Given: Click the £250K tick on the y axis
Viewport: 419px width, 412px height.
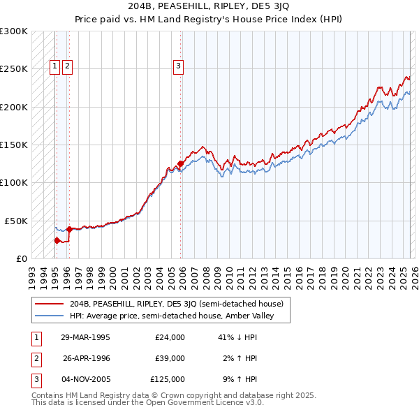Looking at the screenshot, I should click(14, 69).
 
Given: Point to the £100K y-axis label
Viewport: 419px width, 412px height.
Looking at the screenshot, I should click(14, 182).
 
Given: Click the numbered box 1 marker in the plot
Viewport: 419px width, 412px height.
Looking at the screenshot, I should click(55, 66).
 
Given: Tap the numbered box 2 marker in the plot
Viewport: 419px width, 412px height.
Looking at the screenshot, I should click(67, 66).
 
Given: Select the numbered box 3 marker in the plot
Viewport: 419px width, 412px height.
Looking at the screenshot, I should click(179, 66).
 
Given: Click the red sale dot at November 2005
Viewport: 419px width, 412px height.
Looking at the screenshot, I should click(180, 164).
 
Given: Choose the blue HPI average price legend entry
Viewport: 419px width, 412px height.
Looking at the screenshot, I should click(172, 316).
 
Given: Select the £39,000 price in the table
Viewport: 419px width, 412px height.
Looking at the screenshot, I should click(170, 358).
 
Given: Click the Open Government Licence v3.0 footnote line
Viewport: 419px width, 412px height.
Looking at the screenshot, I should click(147, 404).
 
